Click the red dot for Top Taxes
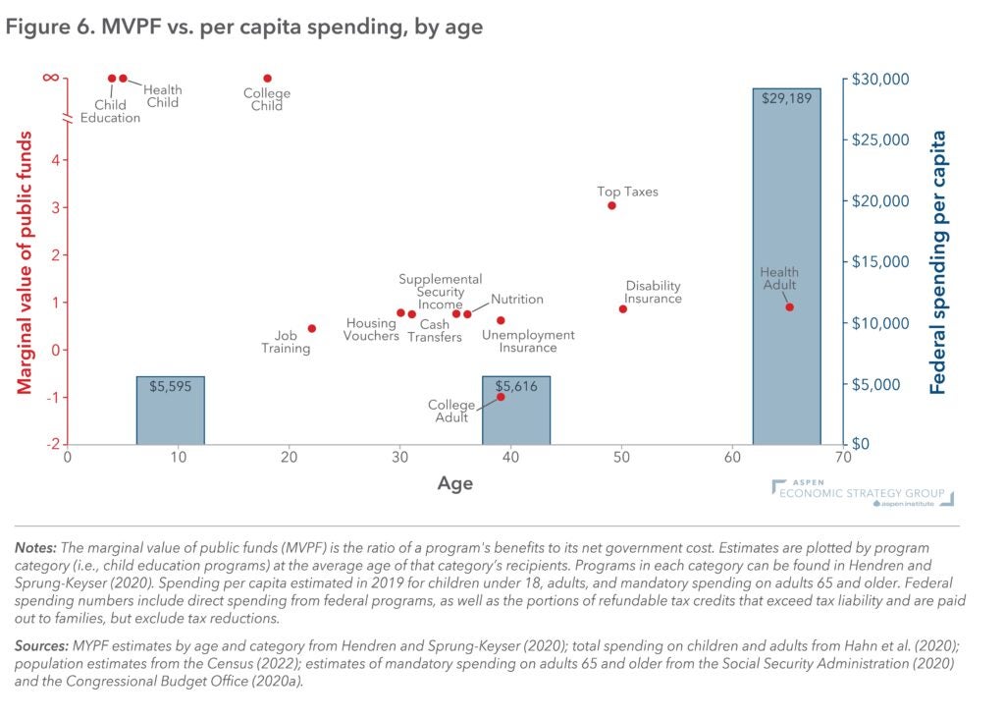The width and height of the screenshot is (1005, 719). coord(611,205)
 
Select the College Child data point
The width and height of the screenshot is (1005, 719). coord(267,79)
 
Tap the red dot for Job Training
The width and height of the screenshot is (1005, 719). coord(312,328)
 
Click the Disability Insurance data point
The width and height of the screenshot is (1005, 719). coord(623,308)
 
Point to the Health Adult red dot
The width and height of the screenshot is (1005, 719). coord(789,307)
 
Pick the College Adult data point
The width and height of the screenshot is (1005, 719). coord(501,397)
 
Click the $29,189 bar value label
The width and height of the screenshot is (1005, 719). coord(786,98)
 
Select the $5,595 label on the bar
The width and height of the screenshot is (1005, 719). coord(170,386)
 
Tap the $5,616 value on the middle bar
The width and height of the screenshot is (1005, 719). coord(516,386)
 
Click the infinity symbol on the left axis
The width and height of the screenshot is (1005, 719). coord(50,78)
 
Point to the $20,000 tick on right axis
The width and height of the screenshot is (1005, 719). coord(880,200)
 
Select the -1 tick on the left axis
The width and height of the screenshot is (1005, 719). coord(55,397)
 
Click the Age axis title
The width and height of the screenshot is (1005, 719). coord(454,483)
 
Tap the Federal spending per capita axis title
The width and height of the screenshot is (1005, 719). coord(938,262)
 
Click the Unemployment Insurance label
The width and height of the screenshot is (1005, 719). coord(528,341)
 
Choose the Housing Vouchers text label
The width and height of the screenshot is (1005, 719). coord(371,329)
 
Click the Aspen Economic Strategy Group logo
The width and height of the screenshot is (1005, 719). coord(862,493)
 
